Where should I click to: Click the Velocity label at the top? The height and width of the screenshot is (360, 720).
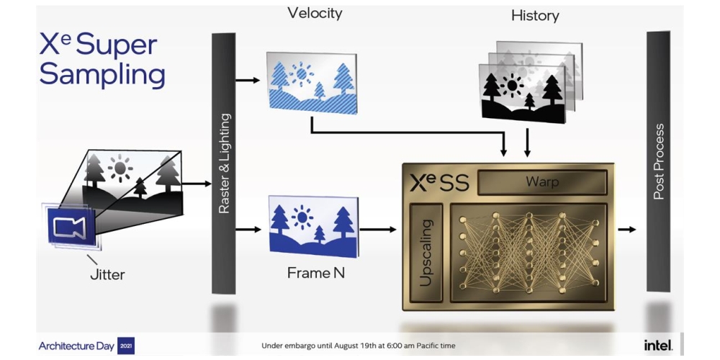coord(315,13)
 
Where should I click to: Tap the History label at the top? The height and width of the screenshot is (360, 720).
coord(535,15)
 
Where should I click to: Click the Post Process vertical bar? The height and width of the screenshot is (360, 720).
coord(658,161)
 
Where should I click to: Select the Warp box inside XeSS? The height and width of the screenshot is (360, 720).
coord(541,182)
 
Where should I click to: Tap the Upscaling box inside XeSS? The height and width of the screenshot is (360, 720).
coord(426,252)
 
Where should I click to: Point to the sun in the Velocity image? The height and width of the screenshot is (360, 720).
coord(300,73)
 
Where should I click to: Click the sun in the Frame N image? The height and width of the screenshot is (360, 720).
coord(302,215)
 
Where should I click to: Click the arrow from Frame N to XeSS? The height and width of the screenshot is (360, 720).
coord(378,230)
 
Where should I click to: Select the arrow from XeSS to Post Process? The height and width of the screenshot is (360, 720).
coord(627,230)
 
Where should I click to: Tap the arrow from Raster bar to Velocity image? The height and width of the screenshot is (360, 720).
coord(248,80)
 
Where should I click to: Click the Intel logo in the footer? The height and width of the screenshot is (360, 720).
coord(658,345)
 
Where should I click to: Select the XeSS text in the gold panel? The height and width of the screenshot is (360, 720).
coord(439,183)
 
